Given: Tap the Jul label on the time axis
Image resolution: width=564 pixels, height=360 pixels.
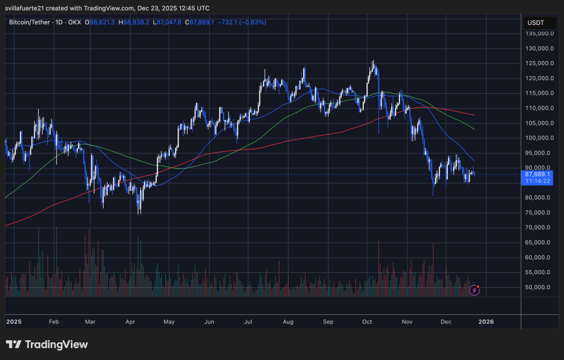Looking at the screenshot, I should [249, 322].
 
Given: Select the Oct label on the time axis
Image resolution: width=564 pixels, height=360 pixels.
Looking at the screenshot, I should [367, 322].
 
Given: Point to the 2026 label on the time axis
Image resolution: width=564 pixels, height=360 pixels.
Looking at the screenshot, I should [486, 322].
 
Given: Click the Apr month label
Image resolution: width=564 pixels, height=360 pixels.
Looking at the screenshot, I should [131, 322].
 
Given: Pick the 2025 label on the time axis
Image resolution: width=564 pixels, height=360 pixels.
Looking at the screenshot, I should [14, 322].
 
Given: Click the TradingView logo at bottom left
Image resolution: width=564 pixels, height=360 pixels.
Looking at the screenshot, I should [47, 345].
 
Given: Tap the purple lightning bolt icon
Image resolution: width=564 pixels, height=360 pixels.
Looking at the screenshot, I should [475, 289].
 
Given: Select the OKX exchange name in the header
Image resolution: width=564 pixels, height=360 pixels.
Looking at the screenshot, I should [75, 22].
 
